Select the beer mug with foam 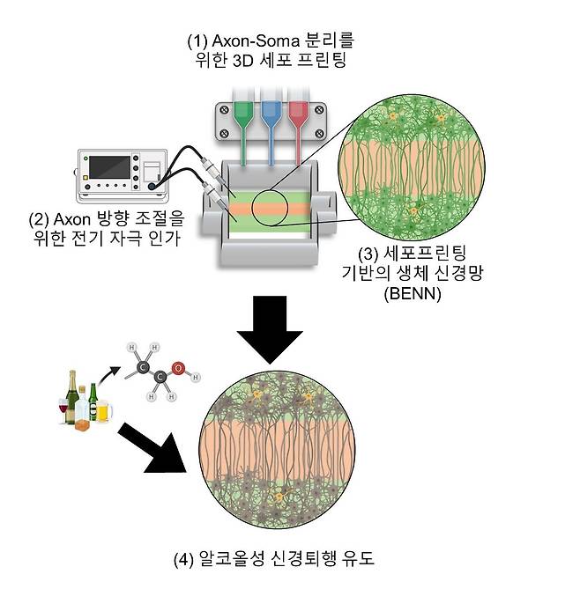[x=103, y=413]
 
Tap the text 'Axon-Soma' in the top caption [x=262, y=40]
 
